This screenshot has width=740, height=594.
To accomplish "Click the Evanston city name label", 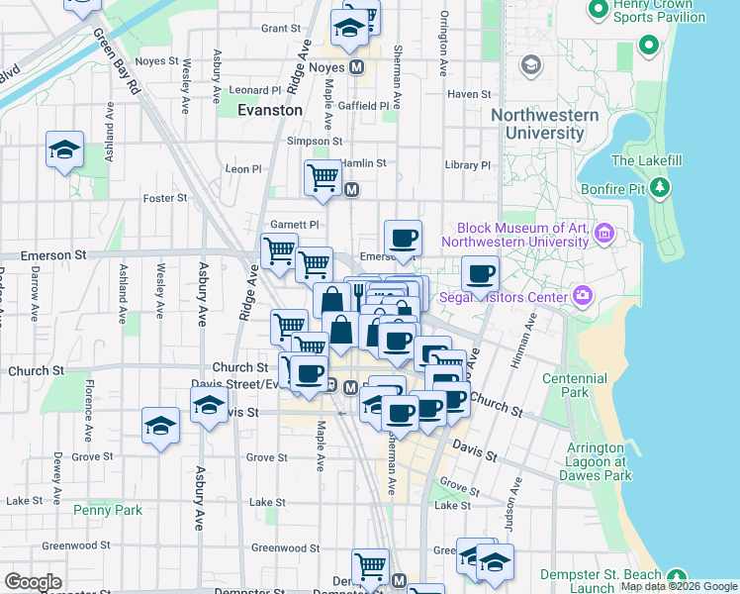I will [x=270, y=110].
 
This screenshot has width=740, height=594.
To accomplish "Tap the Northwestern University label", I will [x=544, y=124].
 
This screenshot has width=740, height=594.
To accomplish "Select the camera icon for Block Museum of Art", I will [x=604, y=235].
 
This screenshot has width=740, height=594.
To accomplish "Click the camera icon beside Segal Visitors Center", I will [x=584, y=296].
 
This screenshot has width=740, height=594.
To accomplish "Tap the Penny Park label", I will [x=108, y=510].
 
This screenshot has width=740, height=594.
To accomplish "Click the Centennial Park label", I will [x=575, y=386].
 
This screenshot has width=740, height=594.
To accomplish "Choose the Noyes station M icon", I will [x=357, y=67].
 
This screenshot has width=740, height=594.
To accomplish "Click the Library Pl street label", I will [x=468, y=165].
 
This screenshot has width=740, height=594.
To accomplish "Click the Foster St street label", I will [x=165, y=198].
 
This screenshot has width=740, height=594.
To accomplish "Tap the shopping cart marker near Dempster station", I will [x=370, y=565].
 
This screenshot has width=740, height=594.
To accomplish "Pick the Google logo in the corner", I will [x=33, y=582].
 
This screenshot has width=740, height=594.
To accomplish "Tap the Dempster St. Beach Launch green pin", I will [x=677, y=576].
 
